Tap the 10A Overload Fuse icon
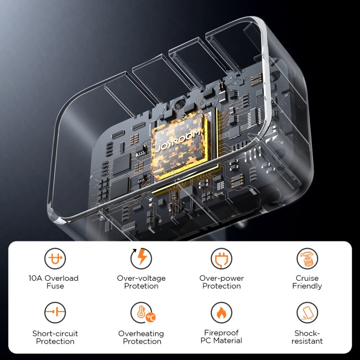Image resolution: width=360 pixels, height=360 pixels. (55, 259)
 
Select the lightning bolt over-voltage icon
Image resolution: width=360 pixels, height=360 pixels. (141, 259)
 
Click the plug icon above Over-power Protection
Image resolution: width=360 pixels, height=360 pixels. (221, 259)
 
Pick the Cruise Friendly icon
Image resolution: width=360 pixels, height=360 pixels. (307, 259)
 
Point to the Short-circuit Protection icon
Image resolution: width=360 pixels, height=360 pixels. (55, 312)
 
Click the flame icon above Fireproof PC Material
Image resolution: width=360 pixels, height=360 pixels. (221, 312)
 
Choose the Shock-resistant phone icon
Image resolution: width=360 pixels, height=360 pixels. (307, 312)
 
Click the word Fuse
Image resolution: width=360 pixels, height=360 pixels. (55, 286)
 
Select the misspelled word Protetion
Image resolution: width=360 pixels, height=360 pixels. (141, 286)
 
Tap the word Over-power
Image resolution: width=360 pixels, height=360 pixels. (222, 278)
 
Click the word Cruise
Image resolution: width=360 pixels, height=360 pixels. (307, 278)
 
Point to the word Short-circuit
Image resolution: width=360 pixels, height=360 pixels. (55, 334)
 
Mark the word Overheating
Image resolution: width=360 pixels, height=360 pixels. (141, 334)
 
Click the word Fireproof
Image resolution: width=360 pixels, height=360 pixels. (222, 333)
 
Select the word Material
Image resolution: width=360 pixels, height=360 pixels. (228, 340)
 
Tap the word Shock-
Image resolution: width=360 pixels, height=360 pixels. (307, 333)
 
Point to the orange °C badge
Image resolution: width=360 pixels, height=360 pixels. (151, 317)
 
